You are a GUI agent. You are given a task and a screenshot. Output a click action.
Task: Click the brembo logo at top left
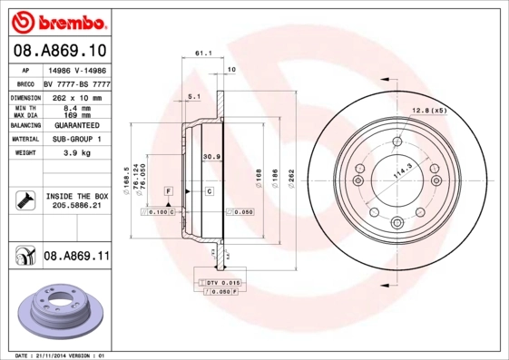tap(58, 20)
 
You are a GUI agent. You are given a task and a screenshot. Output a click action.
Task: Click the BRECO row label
tap(26, 83)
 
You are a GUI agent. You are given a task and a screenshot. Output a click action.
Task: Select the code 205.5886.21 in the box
tap(76, 206)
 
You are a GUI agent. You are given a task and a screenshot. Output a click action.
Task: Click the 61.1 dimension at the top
tap(204, 54)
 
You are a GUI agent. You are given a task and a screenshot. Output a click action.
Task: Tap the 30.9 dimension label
tap(211, 157)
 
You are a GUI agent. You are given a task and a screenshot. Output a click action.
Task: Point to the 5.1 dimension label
tap(193, 95)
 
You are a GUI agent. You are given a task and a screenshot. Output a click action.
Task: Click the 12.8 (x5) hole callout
tap(430, 111)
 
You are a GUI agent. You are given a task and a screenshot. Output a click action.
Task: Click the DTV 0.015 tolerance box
tap(219, 284)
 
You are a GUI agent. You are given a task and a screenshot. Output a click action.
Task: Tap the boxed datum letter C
tap(208, 191)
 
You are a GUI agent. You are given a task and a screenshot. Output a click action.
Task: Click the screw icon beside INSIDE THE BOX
tap(24, 200)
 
